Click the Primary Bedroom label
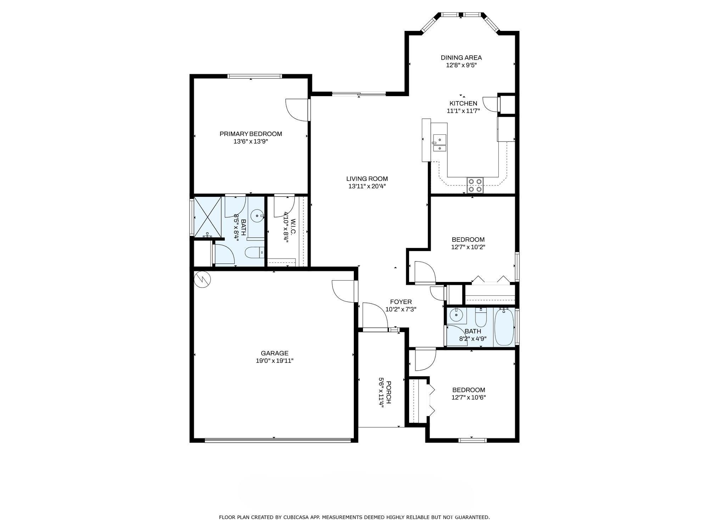point(251,134)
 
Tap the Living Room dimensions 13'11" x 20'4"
point(367,186)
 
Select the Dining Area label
point(461,57)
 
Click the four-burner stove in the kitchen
point(475,185)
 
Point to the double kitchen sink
point(440,143)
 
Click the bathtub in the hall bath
point(504,327)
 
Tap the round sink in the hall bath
point(456,315)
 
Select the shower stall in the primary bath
point(207,217)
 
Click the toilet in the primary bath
point(255,253)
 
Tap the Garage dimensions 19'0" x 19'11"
point(275,361)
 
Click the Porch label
point(389,392)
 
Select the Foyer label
point(401,302)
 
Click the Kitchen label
point(463,103)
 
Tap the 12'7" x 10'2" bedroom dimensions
point(468,247)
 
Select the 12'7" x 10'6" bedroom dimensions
point(468,398)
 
